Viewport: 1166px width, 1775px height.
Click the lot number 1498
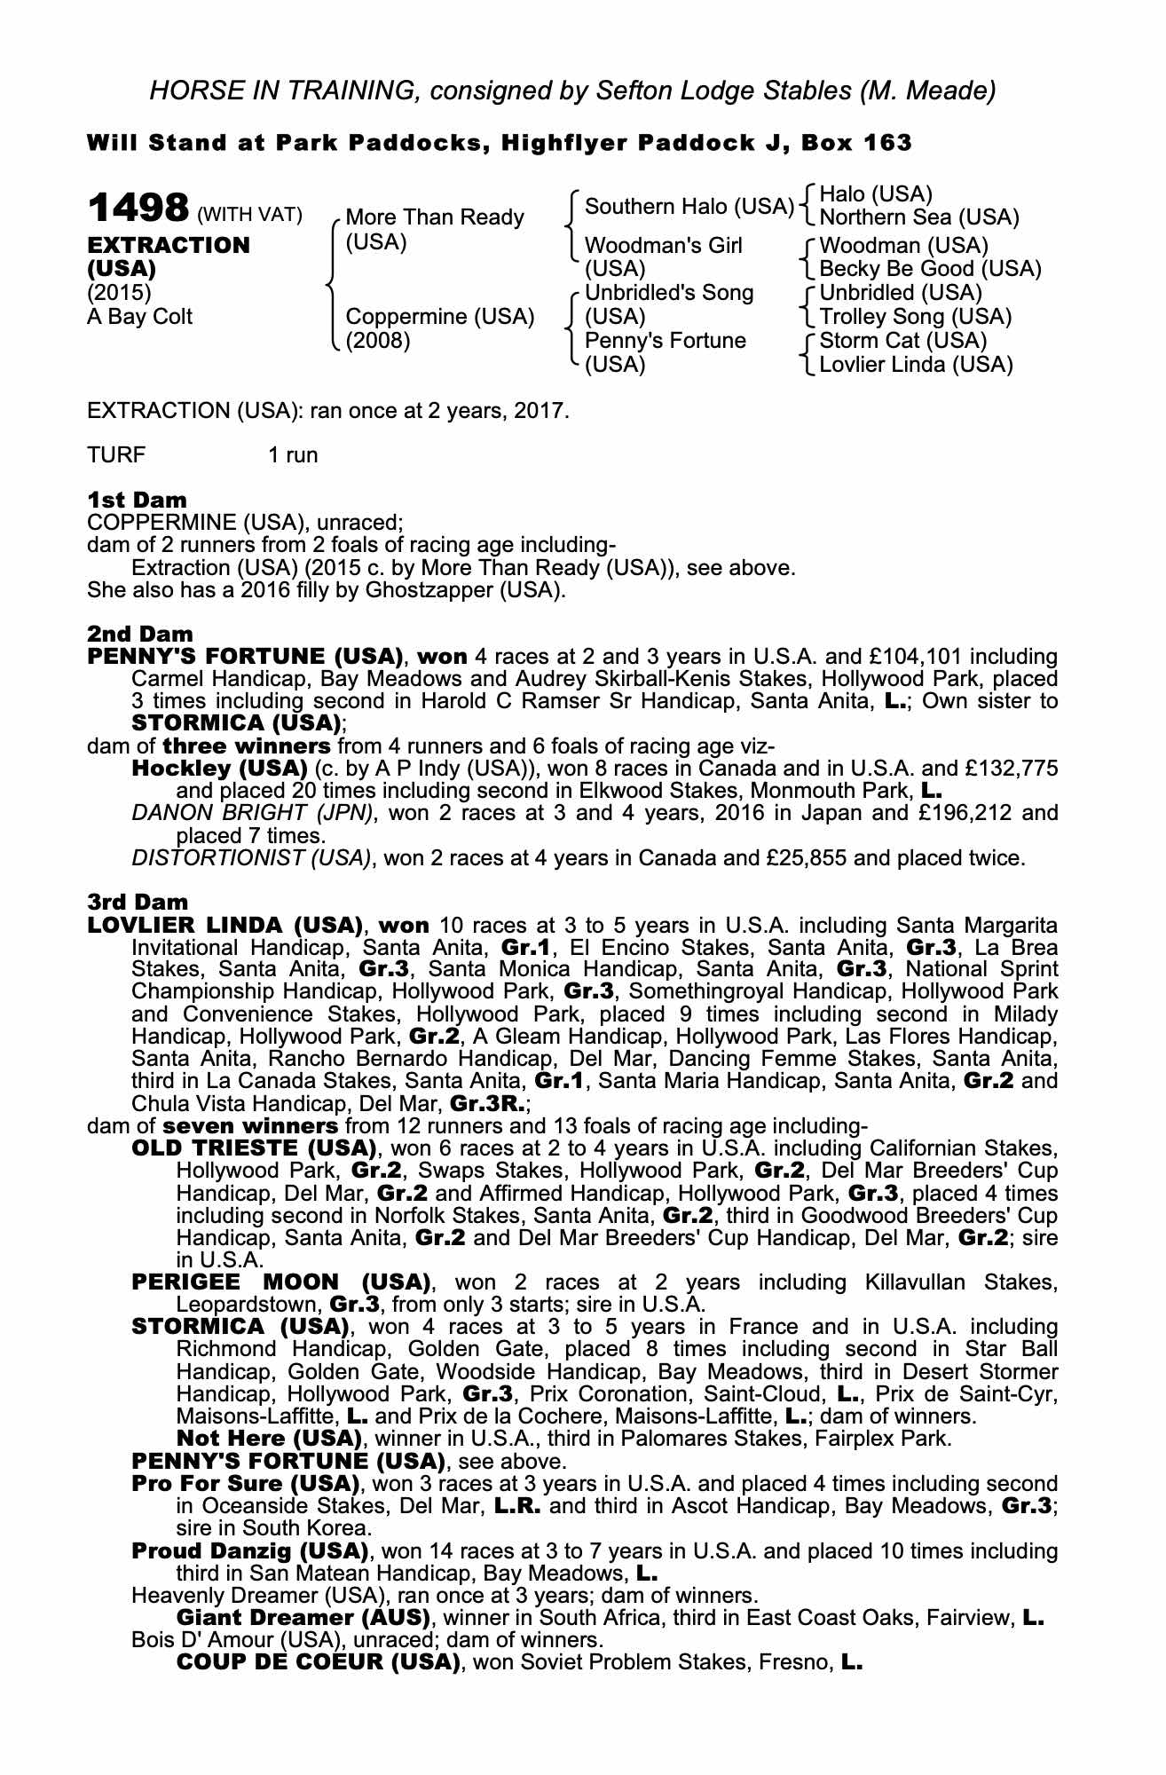138,209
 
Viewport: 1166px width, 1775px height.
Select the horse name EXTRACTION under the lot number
169,245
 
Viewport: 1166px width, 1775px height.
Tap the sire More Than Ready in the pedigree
434,217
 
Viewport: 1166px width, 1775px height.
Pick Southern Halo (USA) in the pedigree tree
689,207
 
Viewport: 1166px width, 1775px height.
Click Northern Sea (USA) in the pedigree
918,217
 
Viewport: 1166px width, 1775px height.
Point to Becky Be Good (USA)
930,269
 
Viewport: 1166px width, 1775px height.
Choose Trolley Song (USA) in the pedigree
915,317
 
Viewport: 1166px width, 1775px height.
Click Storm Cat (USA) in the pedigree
902,341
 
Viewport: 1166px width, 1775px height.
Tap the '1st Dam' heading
137,500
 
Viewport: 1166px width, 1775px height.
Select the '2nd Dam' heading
139,634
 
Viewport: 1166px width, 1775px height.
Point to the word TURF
116,456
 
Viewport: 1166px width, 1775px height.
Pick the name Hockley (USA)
219,768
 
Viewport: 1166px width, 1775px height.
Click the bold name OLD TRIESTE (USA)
249,1148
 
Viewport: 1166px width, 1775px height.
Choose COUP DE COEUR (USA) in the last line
318,1662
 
